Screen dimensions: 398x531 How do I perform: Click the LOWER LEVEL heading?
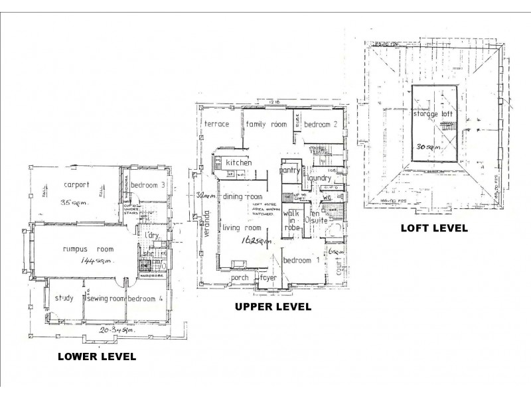tap(97, 356)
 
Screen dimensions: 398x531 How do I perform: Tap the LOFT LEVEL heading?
tap(434, 228)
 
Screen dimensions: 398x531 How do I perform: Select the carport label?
tap(72, 185)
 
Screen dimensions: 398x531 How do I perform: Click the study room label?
tap(64, 298)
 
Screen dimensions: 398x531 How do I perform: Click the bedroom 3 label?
tap(147, 184)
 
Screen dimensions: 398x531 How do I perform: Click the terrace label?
tap(216, 124)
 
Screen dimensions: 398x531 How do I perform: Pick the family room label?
tap(265, 124)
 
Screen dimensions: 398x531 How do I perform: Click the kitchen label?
tap(238, 162)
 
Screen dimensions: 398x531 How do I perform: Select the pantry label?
tap(291, 170)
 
